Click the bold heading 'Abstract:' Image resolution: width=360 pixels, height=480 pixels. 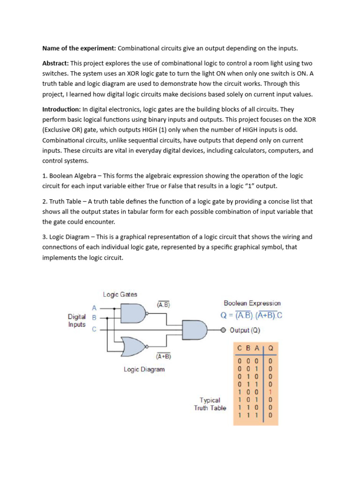[x=56, y=63]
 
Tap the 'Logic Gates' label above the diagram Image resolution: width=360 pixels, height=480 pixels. [x=120, y=294]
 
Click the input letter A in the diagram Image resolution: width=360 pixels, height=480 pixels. [x=94, y=308]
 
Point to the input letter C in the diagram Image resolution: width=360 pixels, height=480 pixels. [x=94, y=329]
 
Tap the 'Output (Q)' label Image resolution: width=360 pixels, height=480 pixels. [x=245, y=330]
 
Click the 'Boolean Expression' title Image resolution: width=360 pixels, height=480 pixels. [x=252, y=303]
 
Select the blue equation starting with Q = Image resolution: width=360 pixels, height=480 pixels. [x=252, y=315]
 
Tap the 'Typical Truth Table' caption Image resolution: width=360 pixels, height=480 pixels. [x=210, y=404]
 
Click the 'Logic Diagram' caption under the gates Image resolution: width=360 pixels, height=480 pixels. [x=144, y=369]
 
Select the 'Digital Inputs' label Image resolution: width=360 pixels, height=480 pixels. [x=77, y=321]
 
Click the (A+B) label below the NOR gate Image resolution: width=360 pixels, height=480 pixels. [x=163, y=356]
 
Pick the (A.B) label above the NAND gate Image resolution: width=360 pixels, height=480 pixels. [x=163, y=304]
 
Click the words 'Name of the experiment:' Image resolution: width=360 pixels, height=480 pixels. [x=79, y=48]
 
